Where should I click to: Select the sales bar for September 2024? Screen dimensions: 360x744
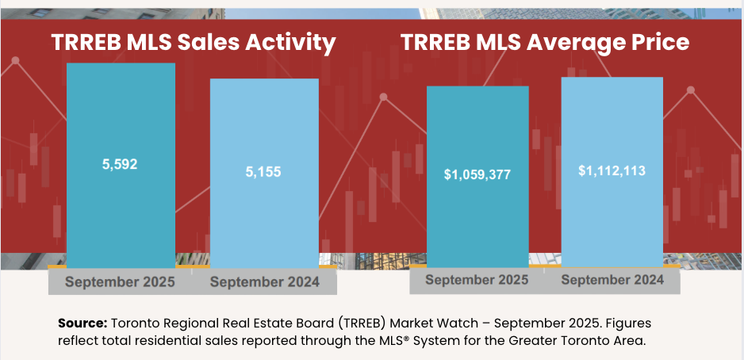(264, 214)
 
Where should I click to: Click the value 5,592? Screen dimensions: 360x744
(120, 165)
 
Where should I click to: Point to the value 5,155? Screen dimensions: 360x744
(263, 171)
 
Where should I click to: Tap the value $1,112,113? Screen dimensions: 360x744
(612, 170)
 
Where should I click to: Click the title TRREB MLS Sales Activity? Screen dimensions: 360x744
(194, 43)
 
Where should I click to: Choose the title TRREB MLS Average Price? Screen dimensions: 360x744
(544, 43)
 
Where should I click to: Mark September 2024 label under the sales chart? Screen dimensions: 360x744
(264, 282)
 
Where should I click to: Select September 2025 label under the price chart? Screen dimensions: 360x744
(477, 280)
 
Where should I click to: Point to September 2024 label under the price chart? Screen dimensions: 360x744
(612, 280)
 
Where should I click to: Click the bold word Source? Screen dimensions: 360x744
(82, 324)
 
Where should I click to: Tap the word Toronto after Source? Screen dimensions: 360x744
(136, 324)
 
